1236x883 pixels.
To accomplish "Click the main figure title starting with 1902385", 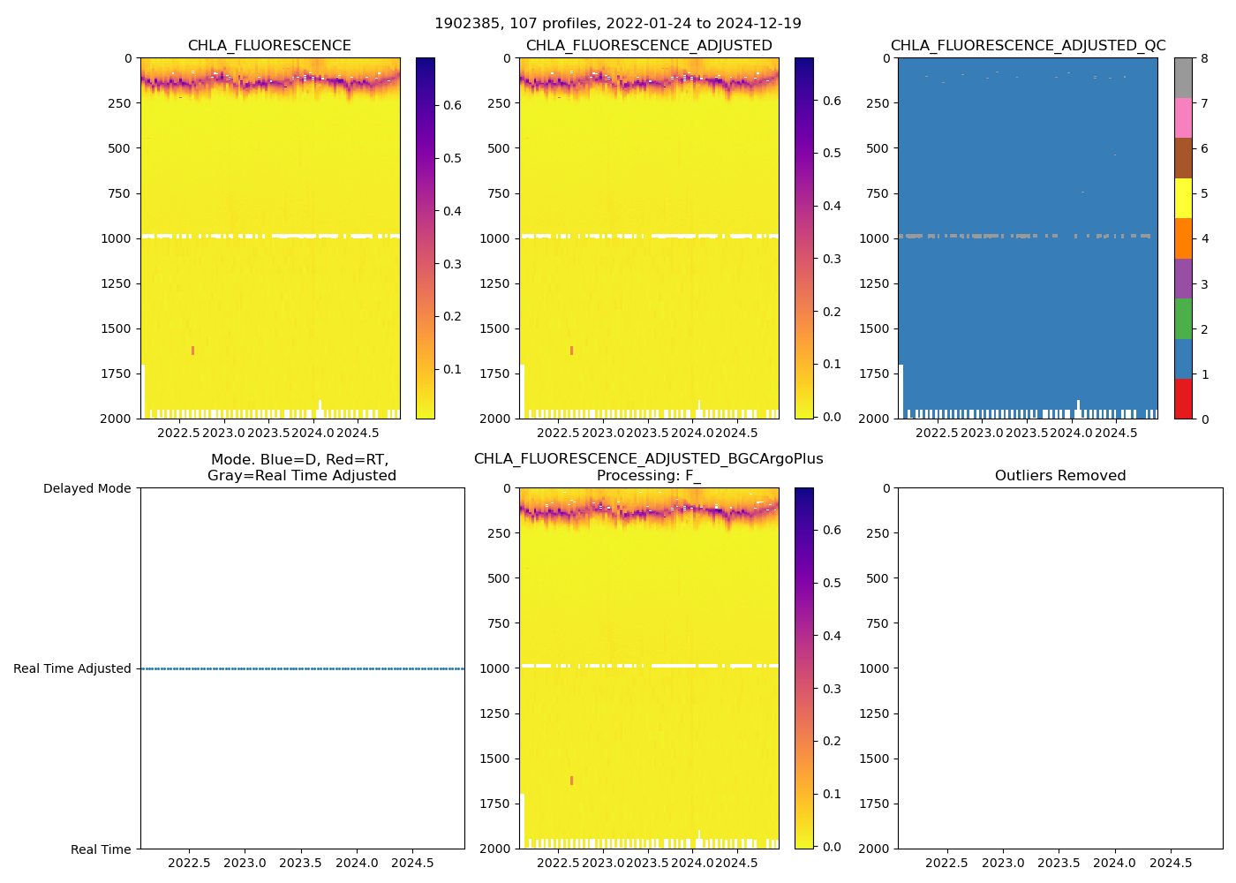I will pos(618,24).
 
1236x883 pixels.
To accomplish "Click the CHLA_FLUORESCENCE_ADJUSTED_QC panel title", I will pos(1028,46).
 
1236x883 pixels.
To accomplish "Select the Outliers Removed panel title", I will pos(1060,476).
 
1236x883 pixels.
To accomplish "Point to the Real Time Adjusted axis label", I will pos(72,669).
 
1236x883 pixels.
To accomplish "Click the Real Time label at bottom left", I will pos(101,849).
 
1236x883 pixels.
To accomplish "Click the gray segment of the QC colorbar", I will pos(1183,78).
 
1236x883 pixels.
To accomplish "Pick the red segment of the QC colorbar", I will pos(1183,399).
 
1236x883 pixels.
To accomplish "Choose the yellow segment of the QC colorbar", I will pos(1183,199).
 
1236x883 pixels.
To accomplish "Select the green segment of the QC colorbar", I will pos(1183,319).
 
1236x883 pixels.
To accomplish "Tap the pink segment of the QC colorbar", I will pos(1183,118).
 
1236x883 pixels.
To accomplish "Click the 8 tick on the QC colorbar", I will pos(1204,59).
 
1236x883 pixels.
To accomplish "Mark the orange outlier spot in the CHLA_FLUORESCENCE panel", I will pos(192,351).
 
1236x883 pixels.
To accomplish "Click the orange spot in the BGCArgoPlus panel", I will pos(571,781).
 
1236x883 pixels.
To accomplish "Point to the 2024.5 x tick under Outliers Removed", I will pos(1171,863).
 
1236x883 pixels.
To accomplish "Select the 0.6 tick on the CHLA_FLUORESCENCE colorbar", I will pos(452,105).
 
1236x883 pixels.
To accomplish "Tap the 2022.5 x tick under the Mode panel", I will pos(188,863).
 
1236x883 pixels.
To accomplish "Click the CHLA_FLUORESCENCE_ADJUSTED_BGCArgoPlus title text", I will pos(648,459).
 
